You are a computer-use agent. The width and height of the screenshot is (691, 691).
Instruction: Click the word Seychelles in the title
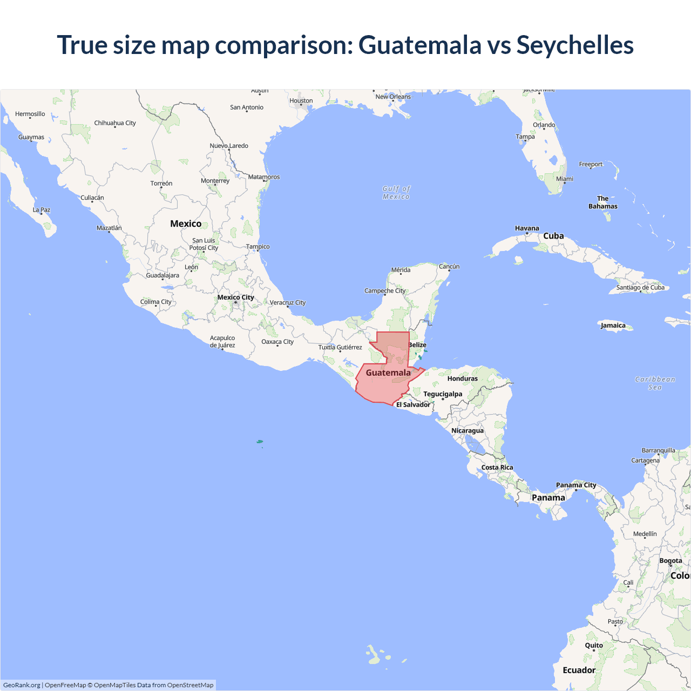[x=575, y=45]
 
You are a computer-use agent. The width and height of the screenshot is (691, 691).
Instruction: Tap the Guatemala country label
[x=388, y=372]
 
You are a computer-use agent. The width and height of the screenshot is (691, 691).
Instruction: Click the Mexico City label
[x=235, y=297]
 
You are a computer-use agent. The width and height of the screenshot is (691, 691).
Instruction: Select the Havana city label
[x=527, y=228]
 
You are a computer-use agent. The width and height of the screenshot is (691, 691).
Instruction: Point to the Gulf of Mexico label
[x=396, y=193]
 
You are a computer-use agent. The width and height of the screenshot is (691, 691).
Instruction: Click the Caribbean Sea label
[x=655, y=383]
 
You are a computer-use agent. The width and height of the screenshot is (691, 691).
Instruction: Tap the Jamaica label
[x=613, y=326]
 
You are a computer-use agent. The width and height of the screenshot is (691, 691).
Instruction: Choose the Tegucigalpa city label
[x=443, y=394]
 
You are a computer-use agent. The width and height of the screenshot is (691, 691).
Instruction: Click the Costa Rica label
[x=497, y=468]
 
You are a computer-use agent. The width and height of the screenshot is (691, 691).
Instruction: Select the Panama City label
[x=576, y=485]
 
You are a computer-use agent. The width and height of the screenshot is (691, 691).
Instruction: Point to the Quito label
[x=594, y=646]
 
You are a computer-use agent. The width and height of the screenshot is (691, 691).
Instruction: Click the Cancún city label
[x=449, y=267]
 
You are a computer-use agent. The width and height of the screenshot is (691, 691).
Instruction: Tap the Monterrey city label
[x=215, y=181]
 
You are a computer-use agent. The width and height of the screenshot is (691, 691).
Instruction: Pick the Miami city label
[x=565, y=179]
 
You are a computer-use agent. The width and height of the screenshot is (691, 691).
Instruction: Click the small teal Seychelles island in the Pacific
[x=260, y=442]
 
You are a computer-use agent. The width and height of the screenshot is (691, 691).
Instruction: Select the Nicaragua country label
[x=468, y=431]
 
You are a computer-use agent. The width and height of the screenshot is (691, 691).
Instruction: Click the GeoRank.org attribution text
[x=22, y=685]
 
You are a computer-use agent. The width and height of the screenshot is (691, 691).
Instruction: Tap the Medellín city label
[x=645, y=534]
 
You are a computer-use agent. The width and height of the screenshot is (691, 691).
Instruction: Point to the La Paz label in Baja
[x=42, y=210]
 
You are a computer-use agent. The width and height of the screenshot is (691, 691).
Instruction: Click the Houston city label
[x=301, y=101]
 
